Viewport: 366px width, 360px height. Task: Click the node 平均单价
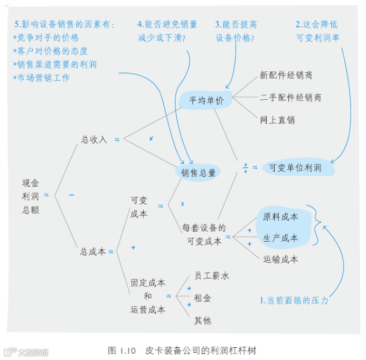point(207,100)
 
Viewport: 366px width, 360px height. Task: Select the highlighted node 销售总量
point(198,173)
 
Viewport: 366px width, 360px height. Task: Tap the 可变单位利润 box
point(295,168)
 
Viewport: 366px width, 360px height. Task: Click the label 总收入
point(94,139)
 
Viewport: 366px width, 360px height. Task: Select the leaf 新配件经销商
point(286,75)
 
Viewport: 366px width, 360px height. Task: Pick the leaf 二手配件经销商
point(290,98)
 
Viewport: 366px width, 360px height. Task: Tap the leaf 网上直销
point(277,120)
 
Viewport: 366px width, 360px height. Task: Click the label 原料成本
point(280,216)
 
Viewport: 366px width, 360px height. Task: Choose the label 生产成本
point(280,238)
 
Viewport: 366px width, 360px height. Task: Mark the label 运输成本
point(280,259)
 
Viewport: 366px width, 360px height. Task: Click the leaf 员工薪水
point(211,276)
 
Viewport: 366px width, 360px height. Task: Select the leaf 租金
point(202,298)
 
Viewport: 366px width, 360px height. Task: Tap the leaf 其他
point(202,320)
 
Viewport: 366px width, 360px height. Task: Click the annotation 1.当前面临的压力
point(294,300)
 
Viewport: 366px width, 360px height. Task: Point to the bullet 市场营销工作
point(42,78)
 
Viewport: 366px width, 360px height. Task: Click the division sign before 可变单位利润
point(246,167)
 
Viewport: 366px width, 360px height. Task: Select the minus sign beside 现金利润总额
point(71,196)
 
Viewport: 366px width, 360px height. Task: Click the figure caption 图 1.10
point(122,350)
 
